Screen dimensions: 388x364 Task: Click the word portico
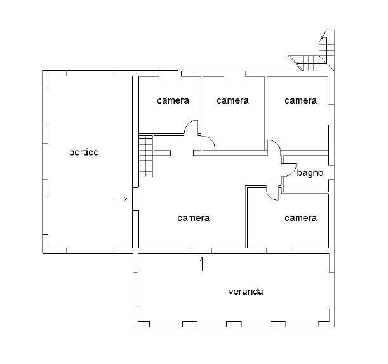pos(84,152)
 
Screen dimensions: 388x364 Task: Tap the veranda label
pos(246,292)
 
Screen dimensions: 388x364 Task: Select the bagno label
pos(310,173)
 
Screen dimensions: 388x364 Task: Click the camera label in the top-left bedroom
pos(173,100)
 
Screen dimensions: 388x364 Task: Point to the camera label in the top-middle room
pos(232,100)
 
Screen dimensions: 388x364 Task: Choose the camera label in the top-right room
pos(300,100)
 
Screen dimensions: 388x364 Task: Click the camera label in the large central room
pos(194,218)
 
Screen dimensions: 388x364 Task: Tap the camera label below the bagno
pos(300,218)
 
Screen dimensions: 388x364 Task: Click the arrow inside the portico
pos(121,199)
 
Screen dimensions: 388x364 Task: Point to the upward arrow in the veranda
pos(203,264)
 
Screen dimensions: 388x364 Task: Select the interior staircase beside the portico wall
pos(146,156)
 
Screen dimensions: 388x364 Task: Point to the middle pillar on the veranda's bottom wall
pos(234,324)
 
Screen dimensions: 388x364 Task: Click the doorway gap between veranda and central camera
pos(201,250)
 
